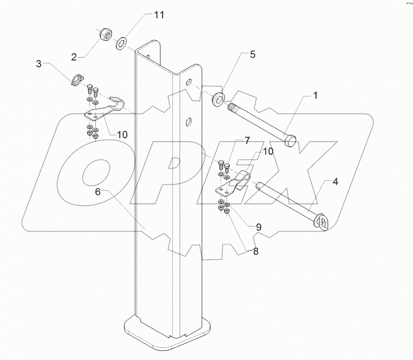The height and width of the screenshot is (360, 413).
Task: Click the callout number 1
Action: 315,96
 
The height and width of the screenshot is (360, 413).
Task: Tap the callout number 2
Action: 74,57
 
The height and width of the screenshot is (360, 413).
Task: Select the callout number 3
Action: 39,64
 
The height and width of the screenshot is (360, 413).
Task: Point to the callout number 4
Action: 335,183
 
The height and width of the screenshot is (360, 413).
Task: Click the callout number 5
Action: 252,55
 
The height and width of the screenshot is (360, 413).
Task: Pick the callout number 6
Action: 98,192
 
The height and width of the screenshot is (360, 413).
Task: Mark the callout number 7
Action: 246,141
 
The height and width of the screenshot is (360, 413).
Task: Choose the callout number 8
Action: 255,251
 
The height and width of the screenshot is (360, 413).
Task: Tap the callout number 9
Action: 259,226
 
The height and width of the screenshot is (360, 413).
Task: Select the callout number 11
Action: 159,15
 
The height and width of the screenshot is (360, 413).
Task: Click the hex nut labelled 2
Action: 103,35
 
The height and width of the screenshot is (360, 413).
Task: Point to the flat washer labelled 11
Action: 121,44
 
